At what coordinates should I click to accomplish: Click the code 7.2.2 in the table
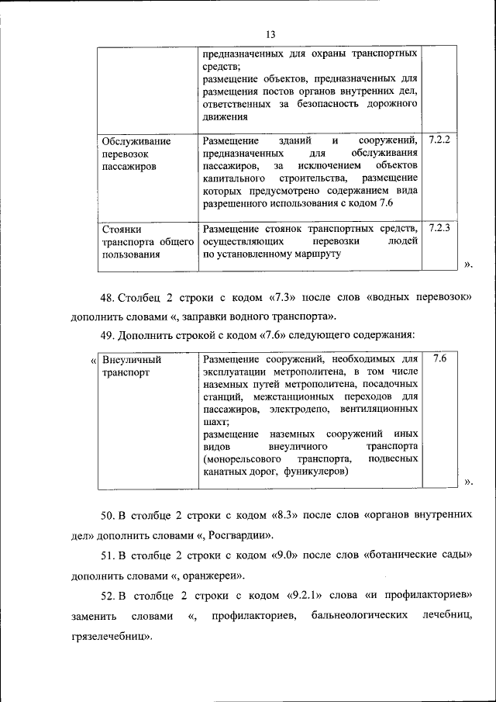pos(439,140)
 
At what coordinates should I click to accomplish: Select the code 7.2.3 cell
pos(439,228)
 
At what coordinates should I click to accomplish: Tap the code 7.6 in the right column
pos(439,359)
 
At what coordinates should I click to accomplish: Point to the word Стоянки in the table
pos(121,229)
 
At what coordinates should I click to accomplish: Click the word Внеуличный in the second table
pos(132,360)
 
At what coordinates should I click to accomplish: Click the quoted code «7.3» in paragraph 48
pos(284,297)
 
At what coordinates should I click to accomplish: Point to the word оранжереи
pos(214,576)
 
